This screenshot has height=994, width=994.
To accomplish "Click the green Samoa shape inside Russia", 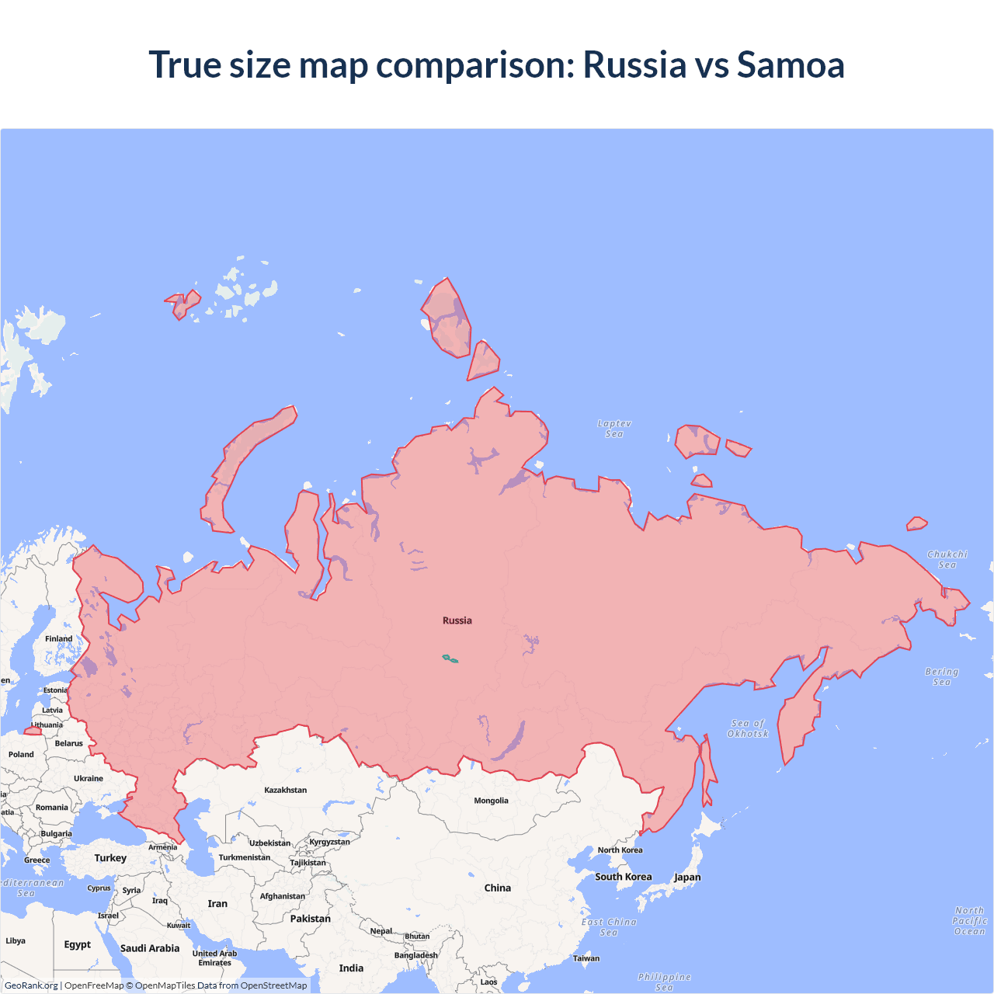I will point(450,659).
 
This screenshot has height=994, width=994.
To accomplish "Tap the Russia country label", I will point(457,620).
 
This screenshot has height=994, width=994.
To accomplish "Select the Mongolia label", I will point(491,801).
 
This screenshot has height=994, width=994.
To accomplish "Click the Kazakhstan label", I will point(285,790).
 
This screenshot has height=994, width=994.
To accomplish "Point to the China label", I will point(497,888).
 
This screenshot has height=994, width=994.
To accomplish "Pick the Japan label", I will point(686,878).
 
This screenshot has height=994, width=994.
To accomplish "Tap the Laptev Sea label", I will point(614,429).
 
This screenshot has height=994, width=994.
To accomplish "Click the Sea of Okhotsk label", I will point(748,728).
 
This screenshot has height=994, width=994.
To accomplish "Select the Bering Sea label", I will point(941,676).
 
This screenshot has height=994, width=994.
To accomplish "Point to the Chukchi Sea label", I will point(947,559).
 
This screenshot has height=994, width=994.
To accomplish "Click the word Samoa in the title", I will point(790,64).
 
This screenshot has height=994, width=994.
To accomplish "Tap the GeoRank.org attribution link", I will point(31,985).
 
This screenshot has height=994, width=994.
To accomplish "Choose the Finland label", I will point(58,639).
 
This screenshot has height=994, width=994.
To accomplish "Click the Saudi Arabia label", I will point(149,948).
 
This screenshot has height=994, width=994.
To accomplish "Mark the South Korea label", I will point(623,877).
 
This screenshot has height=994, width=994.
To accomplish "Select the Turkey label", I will point(110,858).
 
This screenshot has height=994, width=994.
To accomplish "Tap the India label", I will point(351,968).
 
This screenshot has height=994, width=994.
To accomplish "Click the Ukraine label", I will point(88,778).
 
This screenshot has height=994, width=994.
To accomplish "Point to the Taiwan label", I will point(586,958).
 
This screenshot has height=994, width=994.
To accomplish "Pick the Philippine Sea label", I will point(664,982).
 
